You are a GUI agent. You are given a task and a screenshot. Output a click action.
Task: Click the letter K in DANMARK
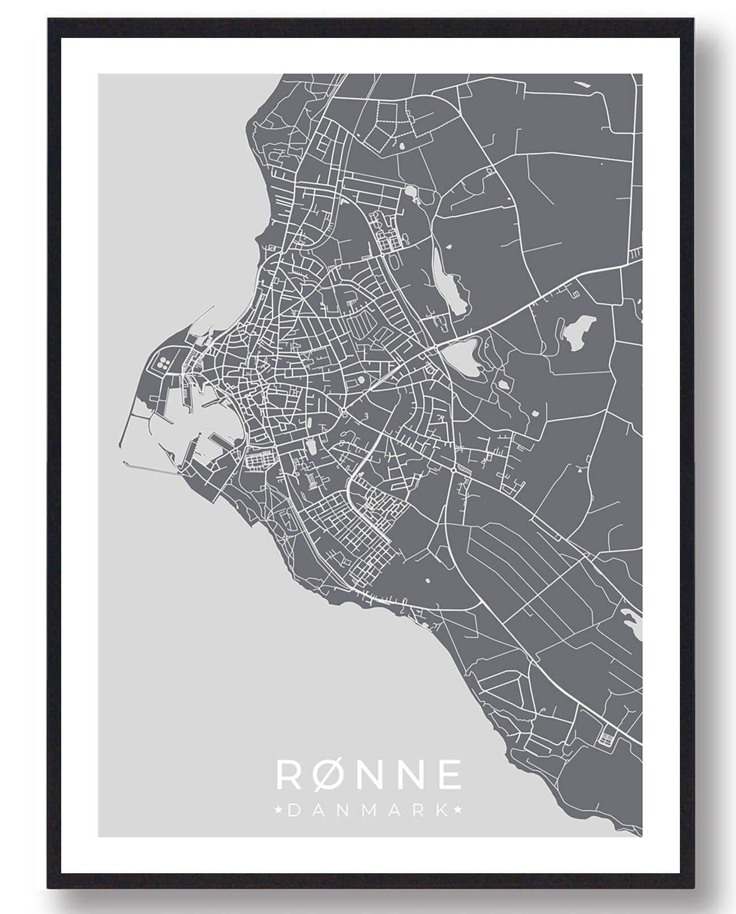[438, 810]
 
